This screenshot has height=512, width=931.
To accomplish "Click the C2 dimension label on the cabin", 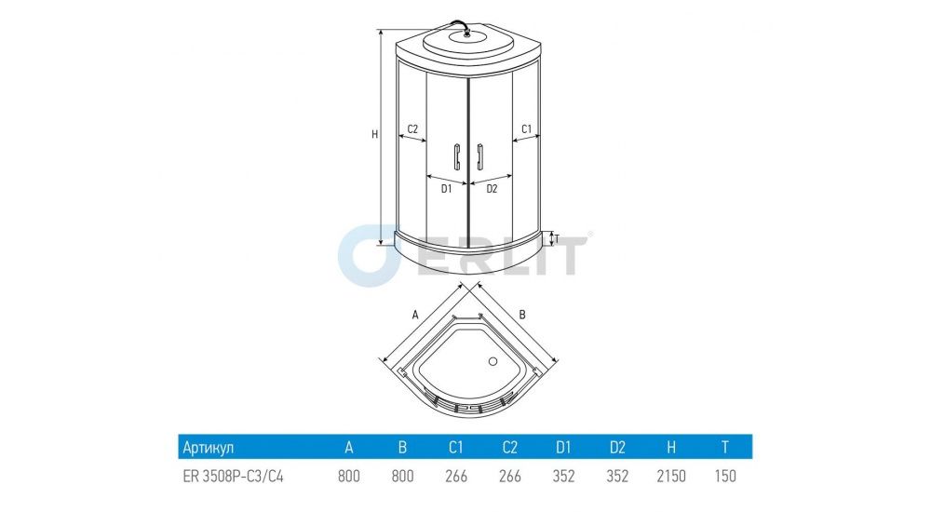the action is [412, 128].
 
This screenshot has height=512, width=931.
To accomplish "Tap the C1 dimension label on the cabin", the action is [527, 128].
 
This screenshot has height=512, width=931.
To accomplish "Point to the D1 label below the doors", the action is [447, 189].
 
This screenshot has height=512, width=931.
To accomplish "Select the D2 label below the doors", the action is [492, 189].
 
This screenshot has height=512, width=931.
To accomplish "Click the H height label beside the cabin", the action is [374, 135].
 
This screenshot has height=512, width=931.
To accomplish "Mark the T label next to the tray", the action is [557, 239].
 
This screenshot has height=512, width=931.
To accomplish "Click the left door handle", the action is [456, 156].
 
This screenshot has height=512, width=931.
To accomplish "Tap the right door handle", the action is [479, 156].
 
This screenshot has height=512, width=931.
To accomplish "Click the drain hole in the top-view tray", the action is [492, 361].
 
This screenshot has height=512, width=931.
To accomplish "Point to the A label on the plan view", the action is [415, 316].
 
